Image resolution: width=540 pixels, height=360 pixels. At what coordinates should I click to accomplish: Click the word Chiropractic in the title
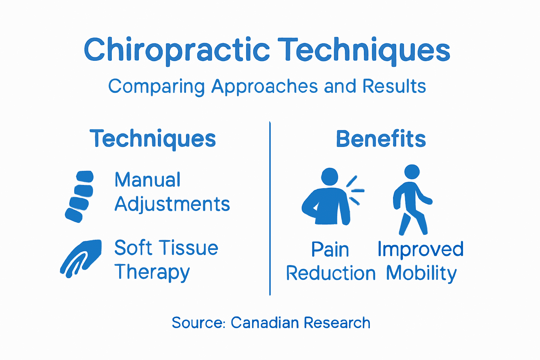pos(176,50)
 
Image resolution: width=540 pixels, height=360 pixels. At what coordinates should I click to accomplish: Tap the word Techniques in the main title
pos(364,50)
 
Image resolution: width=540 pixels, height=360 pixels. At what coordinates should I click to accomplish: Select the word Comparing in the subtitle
pos(156,86)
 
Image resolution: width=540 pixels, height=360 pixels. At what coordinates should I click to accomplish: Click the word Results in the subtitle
pos(394,86)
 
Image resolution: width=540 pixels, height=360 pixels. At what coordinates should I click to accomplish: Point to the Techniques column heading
pos(153,139)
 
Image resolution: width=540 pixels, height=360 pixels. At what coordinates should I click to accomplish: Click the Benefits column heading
pos(381,139)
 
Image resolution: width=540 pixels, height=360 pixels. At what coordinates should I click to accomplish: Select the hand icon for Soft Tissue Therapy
pos(82,258)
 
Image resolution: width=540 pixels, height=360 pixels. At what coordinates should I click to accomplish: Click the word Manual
pos(147,180)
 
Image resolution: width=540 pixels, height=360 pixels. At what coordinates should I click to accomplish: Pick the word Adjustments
pos(172,204)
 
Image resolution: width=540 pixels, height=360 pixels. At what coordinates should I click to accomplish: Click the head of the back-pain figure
pos(329,176)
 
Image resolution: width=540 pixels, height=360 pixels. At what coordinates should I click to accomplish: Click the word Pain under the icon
pos(330,250)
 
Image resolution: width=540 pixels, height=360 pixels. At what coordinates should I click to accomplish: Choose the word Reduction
pos(330,274)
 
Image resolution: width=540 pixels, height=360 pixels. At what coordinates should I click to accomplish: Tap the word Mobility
pos(421,274)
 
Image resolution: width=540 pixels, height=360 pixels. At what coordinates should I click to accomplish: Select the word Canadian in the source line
pos(264,323)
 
